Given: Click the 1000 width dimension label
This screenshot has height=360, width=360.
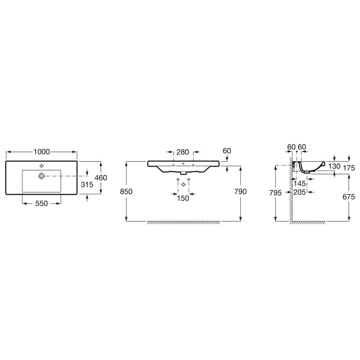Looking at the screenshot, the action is [x=41, y=152].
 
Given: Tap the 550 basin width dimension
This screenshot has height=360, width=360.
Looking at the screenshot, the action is [x=41, y=203].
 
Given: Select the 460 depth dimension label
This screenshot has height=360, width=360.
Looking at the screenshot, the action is [x=101, y=177].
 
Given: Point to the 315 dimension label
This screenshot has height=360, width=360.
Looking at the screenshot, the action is [x=87, y=184].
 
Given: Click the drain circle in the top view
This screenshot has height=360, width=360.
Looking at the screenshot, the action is [x=41, y=176].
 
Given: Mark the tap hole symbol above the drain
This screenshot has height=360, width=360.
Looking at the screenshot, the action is [x=41, y=166].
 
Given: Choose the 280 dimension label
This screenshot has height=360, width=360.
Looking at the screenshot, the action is [x=183, y=152].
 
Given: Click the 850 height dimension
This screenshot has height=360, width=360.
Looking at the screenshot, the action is [x=126, y=192].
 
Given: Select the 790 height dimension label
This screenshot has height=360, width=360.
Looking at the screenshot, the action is [x=240, y=192].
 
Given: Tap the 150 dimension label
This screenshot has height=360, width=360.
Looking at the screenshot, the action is [x=183, y=198].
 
